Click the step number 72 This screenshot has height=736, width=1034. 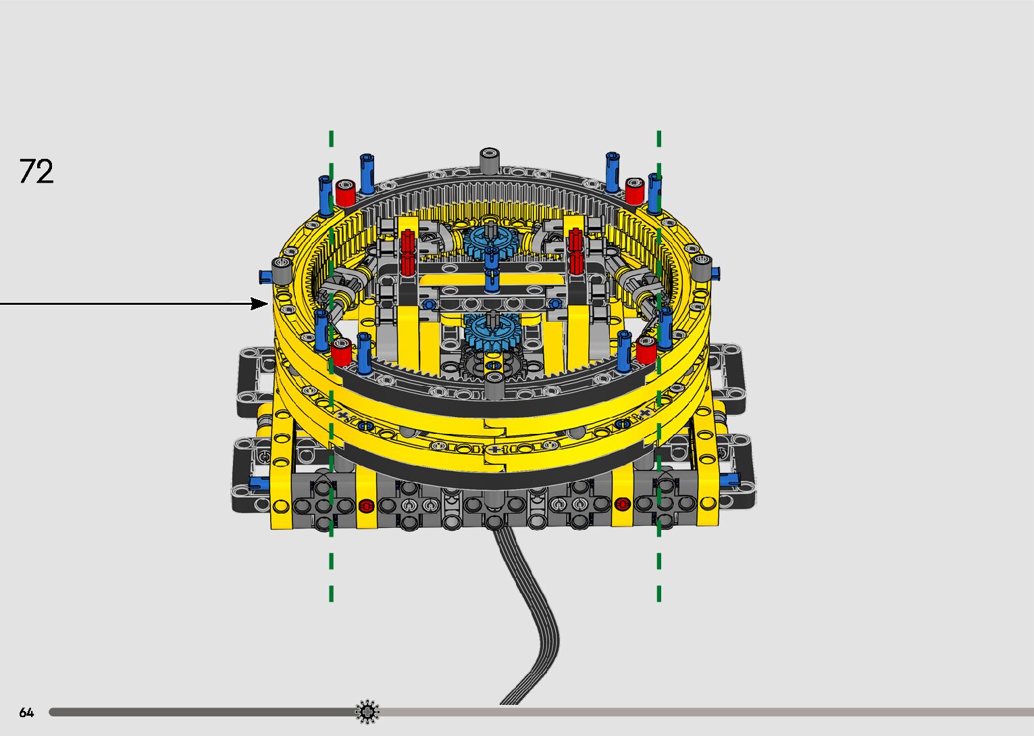click(36, 172)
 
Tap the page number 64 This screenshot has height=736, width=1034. click(26, 712)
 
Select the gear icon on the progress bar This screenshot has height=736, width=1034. click(367, 712)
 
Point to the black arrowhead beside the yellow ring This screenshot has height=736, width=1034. click(259, 303)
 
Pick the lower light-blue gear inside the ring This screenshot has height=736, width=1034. click(493, 330)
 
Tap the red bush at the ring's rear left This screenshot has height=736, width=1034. click(345, 193)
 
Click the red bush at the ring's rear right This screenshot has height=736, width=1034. click(634, 191)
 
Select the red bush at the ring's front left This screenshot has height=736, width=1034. click(341, 352)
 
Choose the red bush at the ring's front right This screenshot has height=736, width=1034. click(646, 350)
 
